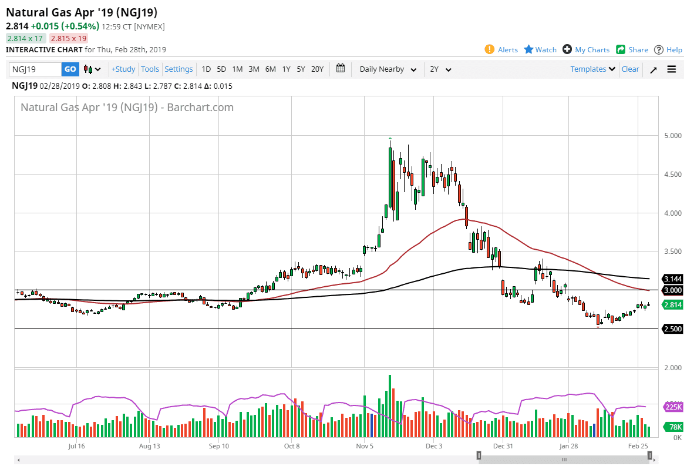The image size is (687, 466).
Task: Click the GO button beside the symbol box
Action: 70,69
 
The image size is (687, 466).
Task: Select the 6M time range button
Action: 270,69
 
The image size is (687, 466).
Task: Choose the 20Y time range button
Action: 317,69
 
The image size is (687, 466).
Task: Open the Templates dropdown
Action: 592,69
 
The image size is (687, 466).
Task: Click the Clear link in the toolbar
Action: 630,69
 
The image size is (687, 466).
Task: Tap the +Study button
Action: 123,69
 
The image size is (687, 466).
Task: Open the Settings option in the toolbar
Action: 179,69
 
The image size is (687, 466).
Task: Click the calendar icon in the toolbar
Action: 341,69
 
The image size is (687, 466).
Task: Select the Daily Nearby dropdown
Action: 388,69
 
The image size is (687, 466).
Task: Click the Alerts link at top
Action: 501,50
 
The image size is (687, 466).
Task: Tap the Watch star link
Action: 540,50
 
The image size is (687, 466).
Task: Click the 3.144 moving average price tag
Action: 672,279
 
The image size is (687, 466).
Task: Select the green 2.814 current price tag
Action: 672,305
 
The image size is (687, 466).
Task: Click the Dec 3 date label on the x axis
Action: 434,447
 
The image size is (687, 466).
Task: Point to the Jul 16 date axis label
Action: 77,447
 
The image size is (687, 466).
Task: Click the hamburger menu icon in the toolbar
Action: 672,69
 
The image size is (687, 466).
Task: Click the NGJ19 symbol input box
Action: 35,69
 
